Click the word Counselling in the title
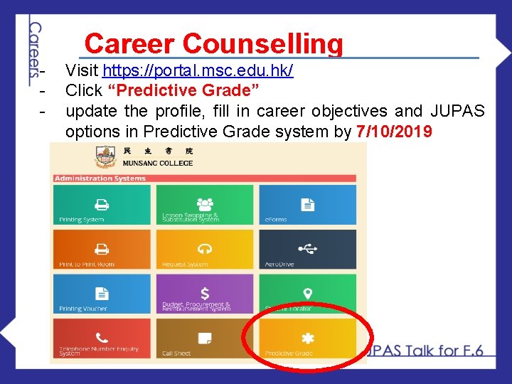click(262, 44)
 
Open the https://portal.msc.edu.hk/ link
click(198, 71)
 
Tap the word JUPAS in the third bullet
click(458, 111)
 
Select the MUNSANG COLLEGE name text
click(158, 163)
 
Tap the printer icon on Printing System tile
click(102, 204)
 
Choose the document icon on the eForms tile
click(307, 204)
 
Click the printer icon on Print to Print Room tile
click(102, 249)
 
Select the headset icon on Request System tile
click(205, 248)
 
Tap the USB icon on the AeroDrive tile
click(307, 248)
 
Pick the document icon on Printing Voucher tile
click(102, 293)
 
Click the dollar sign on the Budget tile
click(205, 292)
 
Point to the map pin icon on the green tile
click(307, 293)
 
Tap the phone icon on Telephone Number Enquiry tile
click(102, 338)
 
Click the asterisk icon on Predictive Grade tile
click(307, 338)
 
